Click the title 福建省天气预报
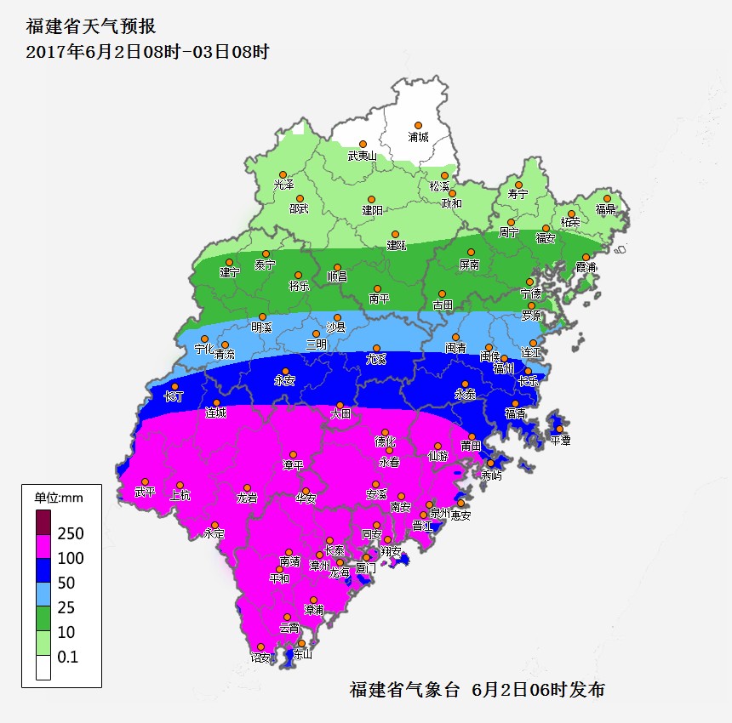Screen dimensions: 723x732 tap(91, 26)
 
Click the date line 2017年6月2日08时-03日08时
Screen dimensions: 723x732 tap(147, 52)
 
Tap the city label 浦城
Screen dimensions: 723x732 tap(418, 137)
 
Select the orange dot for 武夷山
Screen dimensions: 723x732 tap(363, 145)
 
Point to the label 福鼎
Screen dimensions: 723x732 tap(606, 209)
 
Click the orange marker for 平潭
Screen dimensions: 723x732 tap(559, 429)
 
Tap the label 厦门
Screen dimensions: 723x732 tap(366, 568)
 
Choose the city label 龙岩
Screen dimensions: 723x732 tap(247, 498)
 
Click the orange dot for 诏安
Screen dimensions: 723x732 tap(260, 646)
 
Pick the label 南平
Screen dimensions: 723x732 tap(379, 299)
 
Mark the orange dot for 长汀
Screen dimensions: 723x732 tap(175, 386)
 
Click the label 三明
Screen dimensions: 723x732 tap(316, 344)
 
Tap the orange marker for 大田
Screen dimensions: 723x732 tap(340, 405)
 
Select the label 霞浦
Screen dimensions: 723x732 tap(586, 267)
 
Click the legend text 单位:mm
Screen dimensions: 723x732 tap(59, 498)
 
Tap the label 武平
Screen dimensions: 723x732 tap(145, 492)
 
